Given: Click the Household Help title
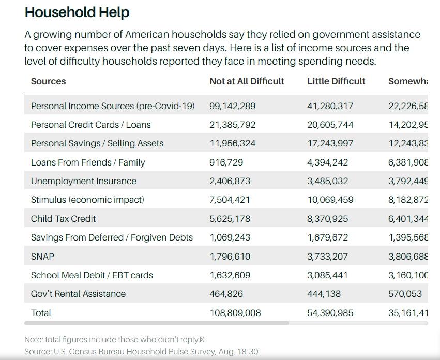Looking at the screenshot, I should click(x=77, y=12).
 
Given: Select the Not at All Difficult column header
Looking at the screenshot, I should click(x=247, y=81).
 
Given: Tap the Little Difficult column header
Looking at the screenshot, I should click(x=336, y=81).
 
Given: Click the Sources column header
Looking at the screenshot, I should click(x=48, y=81).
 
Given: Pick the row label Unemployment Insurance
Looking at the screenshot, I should click(x=83, y=181).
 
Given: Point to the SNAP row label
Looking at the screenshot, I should click(x=42, y=256).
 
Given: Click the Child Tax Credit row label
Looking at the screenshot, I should click(x=63, y=219).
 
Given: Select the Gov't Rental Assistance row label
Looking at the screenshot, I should click(x=78, y=294).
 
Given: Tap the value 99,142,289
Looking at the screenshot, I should click(x=232, y=106).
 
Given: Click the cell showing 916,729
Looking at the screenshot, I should click(x=226, y=162).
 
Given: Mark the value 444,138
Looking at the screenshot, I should click(x=324, y=294).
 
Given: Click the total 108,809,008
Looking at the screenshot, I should click(x=235, y=313).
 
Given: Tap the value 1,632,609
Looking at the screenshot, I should click(x=230, y=275).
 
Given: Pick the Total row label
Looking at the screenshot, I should click(x=41, y=313).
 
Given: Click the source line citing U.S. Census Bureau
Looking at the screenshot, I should click(x=141, y=352).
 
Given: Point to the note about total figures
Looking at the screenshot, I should click(x=114, y=340).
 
